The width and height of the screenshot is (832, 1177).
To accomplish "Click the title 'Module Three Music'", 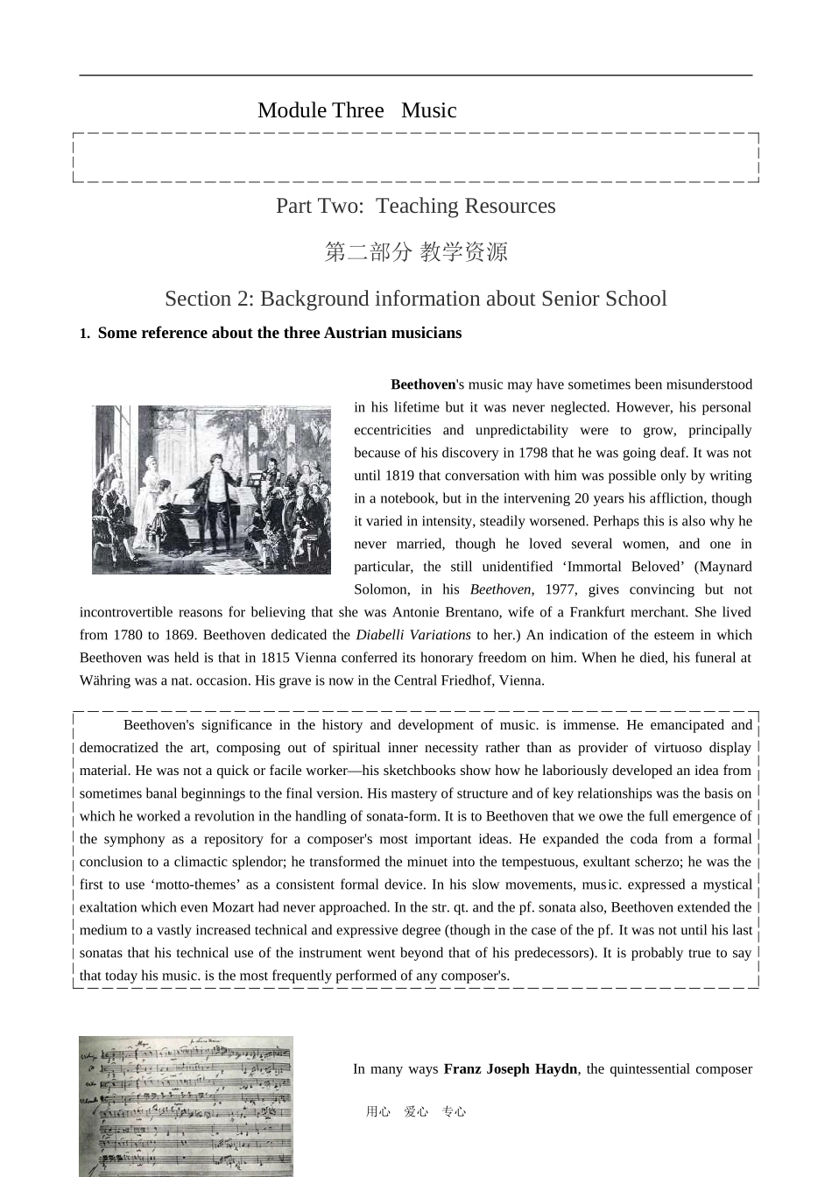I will pos(356,110).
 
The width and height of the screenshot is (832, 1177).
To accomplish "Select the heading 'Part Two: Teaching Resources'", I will pos(415,206).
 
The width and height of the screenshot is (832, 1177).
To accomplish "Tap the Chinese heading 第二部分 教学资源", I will pos(415,252).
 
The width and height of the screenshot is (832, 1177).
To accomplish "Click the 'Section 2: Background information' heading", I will pos(415,299).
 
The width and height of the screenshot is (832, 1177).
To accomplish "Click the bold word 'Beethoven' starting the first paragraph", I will pos(423,384).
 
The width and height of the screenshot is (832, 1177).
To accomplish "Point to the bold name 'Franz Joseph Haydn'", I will pos(511,1068).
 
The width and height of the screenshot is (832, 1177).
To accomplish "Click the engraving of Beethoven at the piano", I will pos(211,490).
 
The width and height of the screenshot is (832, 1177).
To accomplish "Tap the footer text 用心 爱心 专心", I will pos(415,1112).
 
